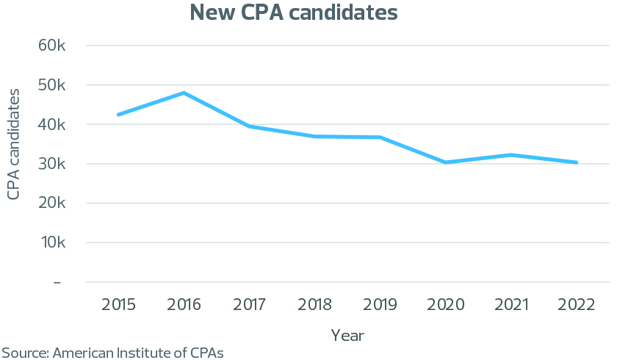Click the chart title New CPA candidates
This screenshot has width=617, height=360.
coord(294,12)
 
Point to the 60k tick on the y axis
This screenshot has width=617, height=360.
coord(52,46)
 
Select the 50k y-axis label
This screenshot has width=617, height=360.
coord(52,85)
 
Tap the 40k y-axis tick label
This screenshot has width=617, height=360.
coord(52,125)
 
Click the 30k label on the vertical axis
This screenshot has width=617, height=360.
coord(52,164)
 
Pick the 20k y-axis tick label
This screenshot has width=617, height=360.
coord(52,204)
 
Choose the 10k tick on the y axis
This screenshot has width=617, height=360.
coord(52,242)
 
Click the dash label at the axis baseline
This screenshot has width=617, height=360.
coord(57,282)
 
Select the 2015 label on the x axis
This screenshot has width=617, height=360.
coord(118,305)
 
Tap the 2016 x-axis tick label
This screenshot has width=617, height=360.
coord(184,305)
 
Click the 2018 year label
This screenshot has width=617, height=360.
coord(314,305)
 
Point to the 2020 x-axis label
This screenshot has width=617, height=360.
coord(446,305)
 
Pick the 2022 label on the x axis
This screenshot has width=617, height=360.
coord(577,305)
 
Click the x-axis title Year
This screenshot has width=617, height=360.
coord(347,335)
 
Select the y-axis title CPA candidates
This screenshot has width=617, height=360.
coord(13,143)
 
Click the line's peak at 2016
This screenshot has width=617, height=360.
coord(184,93)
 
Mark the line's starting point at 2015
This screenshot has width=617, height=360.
coord(118,115)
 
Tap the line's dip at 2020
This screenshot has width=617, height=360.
coord(446,162)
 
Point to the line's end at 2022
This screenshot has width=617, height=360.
coord(577,162)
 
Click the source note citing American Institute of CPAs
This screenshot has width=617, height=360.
coord(112,353)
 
